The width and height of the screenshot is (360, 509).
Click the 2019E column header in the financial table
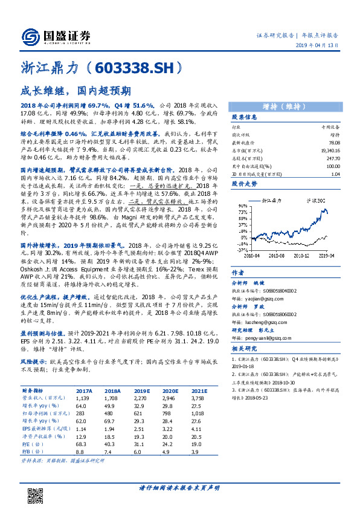143,391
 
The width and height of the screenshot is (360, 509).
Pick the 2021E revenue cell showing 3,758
198,398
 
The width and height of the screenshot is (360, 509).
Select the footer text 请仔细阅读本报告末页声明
179,488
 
